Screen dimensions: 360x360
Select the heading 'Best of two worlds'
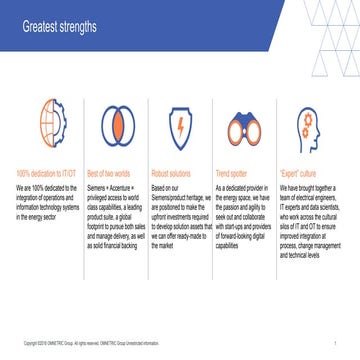point(108,172)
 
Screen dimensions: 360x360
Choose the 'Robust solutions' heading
point(172,172)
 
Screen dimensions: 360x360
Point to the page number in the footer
point(334,345)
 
